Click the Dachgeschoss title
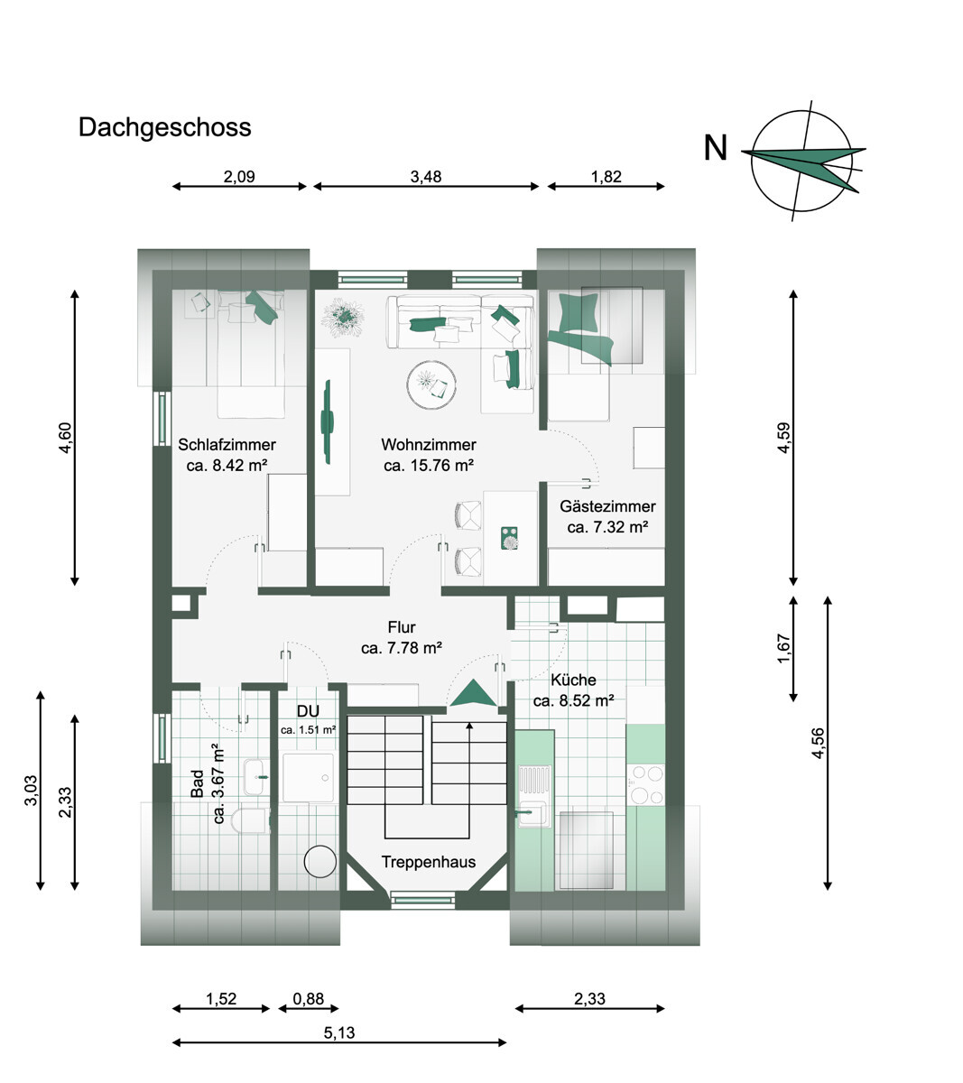coord(164,128)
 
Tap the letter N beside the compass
coord(716,148)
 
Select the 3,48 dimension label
coord(426,176)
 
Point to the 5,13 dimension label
coord(339,1032)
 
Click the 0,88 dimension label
coord(309,998)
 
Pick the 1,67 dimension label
coord(783,648)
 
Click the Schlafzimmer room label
coord(227,444)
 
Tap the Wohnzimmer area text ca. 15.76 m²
coord(429,466)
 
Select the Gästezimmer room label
coord(607,505)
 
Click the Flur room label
coord(402,627)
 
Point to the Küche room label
coord(573,680)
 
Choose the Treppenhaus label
coord(429,862)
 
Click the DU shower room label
coord(308,711)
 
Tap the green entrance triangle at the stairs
coord(473,693)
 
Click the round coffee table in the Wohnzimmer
coord(431,384)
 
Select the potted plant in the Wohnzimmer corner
coord(343,317)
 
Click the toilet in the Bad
coord(250,820)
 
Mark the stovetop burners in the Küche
coord(645,784)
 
